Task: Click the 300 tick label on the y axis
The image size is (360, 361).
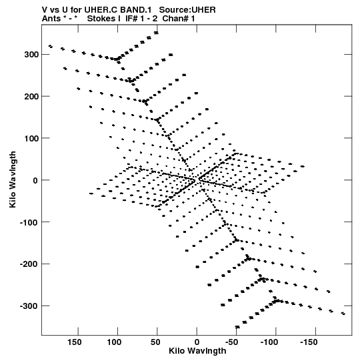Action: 31,55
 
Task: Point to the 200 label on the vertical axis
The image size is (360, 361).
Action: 31,97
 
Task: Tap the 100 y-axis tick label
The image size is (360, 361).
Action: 31,138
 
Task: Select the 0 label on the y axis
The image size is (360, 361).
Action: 35,180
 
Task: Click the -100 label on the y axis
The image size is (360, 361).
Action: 29,222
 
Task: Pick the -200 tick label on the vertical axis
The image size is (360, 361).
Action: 29,264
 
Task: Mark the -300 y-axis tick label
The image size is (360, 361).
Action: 29,306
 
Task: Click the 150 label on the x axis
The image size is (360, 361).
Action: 74,342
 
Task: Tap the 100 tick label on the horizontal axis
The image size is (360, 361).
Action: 114,342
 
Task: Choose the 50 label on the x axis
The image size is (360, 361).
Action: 155,342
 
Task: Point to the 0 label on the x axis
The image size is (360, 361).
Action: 197,342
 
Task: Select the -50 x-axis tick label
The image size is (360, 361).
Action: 231,342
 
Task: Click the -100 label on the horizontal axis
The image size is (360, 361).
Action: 269,342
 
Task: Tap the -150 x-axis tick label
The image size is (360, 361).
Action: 309,342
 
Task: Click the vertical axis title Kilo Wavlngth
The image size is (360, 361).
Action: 13,179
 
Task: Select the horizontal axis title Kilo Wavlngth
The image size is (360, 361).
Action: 197,351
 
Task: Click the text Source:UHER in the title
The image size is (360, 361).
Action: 187,10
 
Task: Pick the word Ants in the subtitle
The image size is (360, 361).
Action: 51,19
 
